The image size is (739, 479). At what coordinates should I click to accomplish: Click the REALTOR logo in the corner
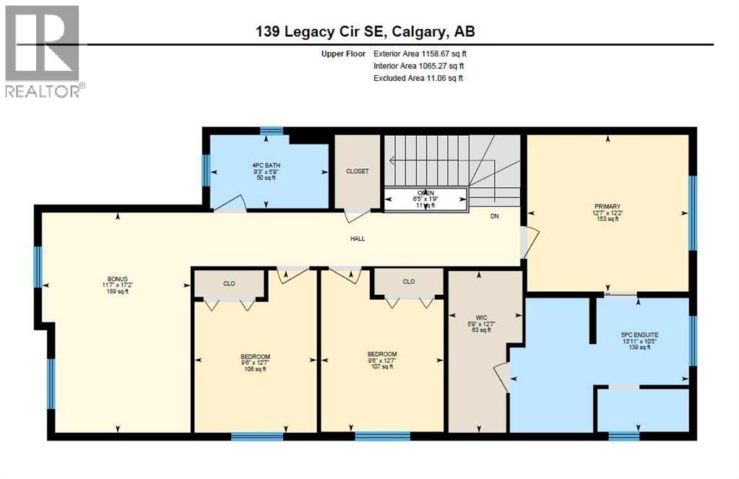43,51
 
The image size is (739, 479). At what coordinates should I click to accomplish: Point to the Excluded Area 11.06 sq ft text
418,78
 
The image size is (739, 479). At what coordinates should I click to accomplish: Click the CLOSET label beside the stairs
357,171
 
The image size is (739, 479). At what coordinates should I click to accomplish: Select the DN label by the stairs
494,216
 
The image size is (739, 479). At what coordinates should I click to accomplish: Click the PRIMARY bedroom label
606,206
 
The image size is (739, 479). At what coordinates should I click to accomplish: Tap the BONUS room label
117,278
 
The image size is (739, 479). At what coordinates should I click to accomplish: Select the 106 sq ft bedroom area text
255,369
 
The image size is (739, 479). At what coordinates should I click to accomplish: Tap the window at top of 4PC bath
271,131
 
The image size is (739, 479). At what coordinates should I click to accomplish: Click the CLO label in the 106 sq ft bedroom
229,283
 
